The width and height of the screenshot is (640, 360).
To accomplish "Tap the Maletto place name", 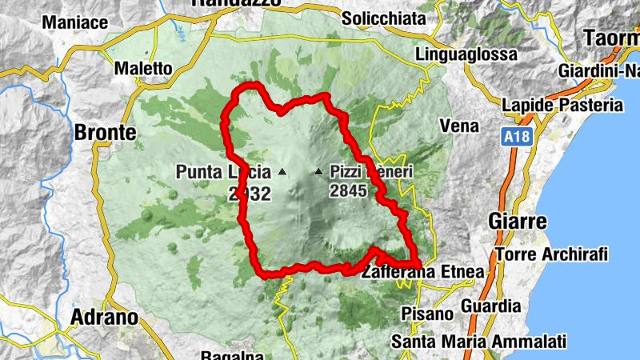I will point(143,70).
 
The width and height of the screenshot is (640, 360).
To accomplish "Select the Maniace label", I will point(74,22).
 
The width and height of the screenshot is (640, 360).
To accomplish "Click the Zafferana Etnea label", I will point(423,273).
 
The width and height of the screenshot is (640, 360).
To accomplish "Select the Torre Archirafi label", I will point(552,254).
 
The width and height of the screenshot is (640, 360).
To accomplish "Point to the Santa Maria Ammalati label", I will point(478,342).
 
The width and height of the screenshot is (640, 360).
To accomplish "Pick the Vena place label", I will point(460,126).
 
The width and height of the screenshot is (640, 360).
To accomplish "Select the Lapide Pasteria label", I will point(562,105).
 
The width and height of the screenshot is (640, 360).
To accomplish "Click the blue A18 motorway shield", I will point(518,138).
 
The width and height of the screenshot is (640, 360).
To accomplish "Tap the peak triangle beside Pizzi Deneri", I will point(319,171).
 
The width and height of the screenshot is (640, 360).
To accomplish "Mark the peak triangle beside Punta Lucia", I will point(281,171).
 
